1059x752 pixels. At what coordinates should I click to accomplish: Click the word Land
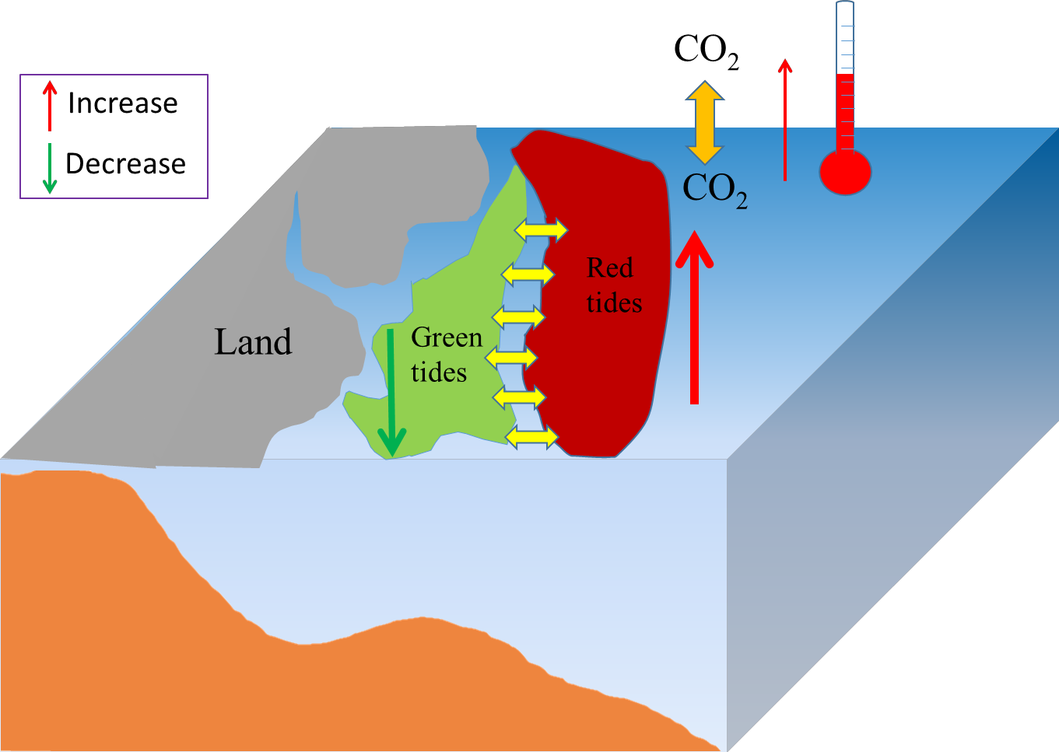pos(253,342)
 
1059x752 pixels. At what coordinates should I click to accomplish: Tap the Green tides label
pos(445,355)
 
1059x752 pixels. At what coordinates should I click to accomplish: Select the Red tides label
pos(613,285)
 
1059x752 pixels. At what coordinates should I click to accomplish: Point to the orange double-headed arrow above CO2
pos(704,122)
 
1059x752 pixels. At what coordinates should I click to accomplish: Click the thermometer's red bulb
pos(845,172)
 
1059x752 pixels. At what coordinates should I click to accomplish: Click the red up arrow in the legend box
pos(50,105)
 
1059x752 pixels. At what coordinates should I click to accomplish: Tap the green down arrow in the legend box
pos(50,167)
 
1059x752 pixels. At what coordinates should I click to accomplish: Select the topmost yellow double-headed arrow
pos(542,229)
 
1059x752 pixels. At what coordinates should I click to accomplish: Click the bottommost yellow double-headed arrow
pos(532,437)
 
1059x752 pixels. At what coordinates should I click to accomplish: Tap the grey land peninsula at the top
pos(389,194)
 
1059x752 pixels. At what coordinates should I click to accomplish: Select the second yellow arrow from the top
pos(528,275)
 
